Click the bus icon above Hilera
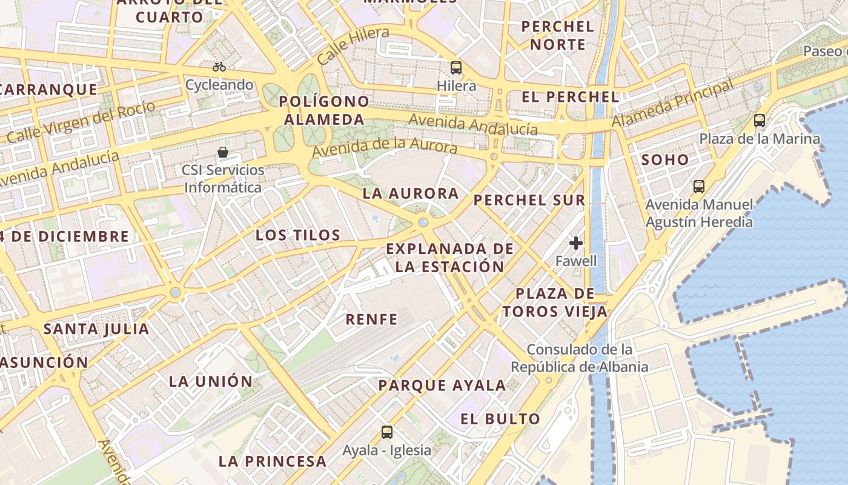(x=456, y=68)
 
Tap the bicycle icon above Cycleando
(x=219, y=67)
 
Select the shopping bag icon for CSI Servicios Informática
(x=223, y=152)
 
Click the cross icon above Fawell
(x=576, y=243)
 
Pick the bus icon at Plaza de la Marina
(x=760, y=121)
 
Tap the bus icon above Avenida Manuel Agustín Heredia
(x=699, y=186)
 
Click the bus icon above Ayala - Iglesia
(x=387, y=432)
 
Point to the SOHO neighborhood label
(x=665, y=160)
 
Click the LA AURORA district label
(x=411, y=194)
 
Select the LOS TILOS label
(x=298, y=235)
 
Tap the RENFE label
(x=372, y=319)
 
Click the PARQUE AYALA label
(x=442, y=386)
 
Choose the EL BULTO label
(x=500, y=419)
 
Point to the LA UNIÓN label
(x=211, y=381)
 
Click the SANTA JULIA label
(x=96, y=329)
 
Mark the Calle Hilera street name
(x=353, y=47)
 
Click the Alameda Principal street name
(x=672, y=104)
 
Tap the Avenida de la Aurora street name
(x=385, y=148)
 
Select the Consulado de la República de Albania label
(x=579, y=358)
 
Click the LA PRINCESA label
(x=273, y=461)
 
